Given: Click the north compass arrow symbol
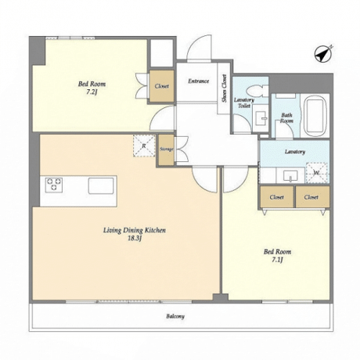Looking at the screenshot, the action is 323,54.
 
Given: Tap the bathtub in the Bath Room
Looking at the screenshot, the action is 316,115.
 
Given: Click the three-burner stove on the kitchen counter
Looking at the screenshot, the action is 54,185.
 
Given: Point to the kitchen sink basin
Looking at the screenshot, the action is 101,185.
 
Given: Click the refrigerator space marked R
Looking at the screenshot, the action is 144,146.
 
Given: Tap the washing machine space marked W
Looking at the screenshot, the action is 317,172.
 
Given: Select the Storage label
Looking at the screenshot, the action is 167,149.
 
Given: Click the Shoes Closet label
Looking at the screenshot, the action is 225,88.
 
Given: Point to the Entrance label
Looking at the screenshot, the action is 199,81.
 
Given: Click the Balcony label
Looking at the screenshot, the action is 175,316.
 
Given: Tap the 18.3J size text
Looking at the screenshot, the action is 135,238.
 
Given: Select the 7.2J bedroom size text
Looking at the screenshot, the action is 92,92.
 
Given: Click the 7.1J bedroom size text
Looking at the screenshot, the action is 278,260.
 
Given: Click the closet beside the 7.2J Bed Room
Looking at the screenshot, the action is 161,86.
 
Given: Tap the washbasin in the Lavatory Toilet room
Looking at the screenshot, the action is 261,118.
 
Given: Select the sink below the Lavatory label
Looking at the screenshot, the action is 290,176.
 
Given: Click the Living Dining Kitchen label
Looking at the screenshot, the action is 135,230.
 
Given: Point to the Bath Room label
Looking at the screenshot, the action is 286,118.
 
